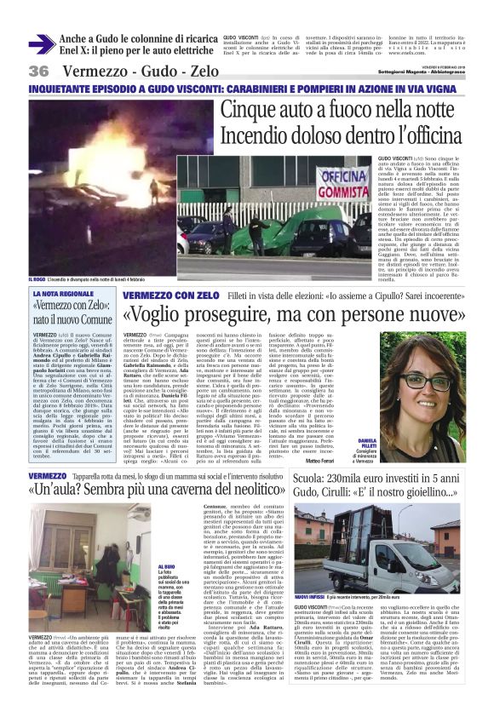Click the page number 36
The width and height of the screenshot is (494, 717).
pos(39,71)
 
